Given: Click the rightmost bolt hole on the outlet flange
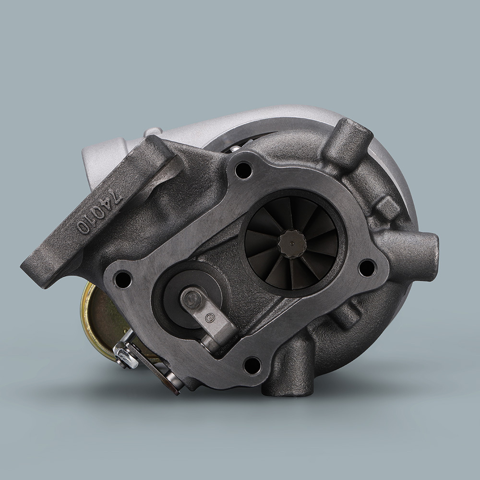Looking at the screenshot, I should (367, 267).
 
